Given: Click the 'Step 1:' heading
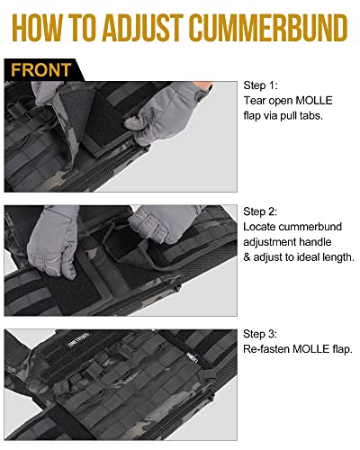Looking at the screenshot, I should point(261,85).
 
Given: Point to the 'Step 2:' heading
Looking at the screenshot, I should point(261,210).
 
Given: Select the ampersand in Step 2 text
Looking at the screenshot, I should point(248,257).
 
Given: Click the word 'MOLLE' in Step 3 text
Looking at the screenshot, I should point(320,349).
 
